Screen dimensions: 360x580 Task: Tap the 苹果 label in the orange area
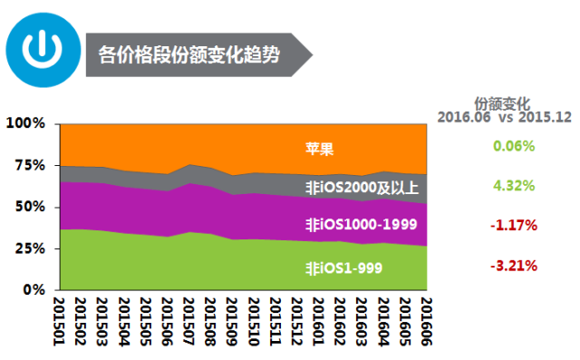(x=319, y=148)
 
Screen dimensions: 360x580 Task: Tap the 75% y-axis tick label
(x=29, y=165)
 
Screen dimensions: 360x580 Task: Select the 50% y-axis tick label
(x=29, y=207)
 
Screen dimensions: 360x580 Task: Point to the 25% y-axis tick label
(x=29, y=248)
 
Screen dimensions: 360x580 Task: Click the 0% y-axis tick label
(x=33, y=289)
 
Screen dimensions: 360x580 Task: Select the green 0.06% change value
(x=514, y=146)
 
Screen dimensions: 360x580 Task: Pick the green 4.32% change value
(x=514, y=185)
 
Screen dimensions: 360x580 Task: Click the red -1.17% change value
(x=514, y=224)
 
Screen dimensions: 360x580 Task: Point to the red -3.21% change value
(x=514, y=266)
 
